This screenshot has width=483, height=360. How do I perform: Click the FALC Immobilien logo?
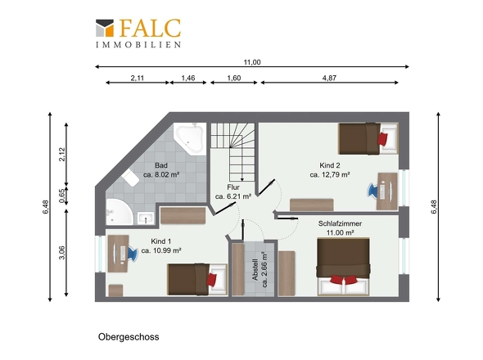138,34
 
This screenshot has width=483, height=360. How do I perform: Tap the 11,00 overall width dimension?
252,62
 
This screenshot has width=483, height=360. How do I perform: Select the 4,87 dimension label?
329,78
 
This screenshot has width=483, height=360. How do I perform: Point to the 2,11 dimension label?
138,78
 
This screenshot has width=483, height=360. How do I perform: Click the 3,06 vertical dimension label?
62,253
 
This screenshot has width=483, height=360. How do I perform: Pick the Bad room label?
161,165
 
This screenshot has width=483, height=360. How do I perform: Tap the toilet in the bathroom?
130,178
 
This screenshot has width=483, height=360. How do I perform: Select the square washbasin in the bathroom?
146,218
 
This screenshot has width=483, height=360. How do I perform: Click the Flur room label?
233,187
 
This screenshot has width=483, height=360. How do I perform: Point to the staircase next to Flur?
232,152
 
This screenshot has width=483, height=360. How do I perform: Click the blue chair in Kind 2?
372,191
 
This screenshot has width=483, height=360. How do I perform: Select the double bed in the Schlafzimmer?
344,267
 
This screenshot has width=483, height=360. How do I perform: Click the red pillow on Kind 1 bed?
212,280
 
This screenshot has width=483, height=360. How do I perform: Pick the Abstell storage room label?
255,269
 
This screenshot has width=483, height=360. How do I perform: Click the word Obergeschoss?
129,337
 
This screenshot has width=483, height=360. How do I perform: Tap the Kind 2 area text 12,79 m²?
330,174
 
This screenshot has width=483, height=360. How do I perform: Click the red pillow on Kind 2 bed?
382,138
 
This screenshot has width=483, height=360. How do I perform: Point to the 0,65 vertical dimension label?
62,196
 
